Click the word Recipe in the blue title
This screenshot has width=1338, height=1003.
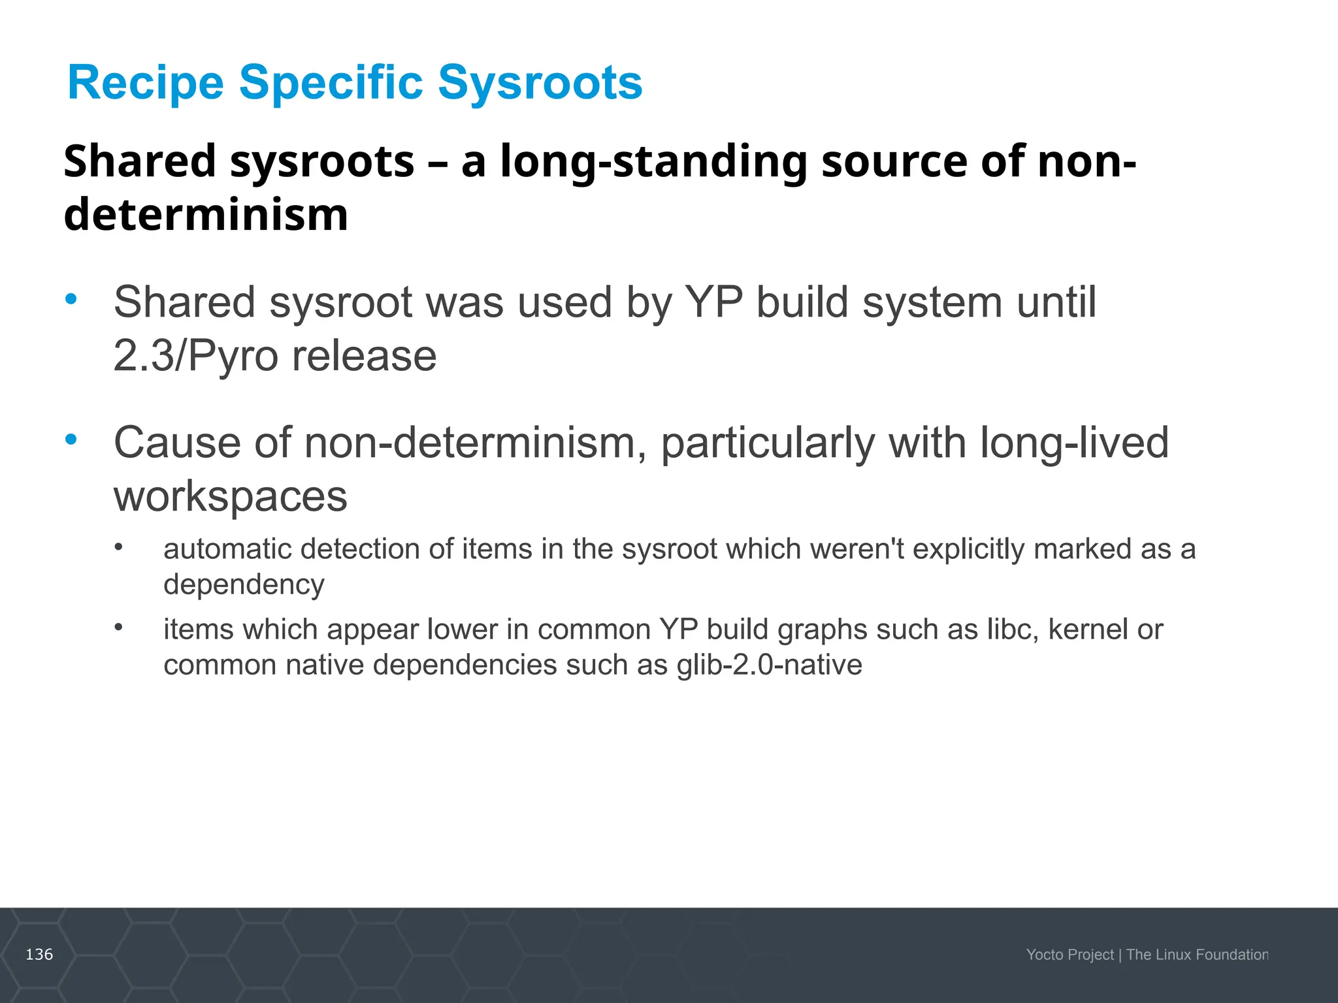[x=146, y=83]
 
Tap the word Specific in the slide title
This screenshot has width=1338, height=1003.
[x=331, y=83]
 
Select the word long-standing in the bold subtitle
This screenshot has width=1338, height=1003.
[x=654, y=161]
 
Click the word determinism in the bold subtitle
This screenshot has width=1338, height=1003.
[x=206, y=215]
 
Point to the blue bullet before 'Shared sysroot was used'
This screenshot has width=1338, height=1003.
[x=71, y=300]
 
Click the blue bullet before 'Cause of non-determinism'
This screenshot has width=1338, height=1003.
[x=71, y=439]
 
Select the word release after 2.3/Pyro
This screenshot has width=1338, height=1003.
[x=364, y=356]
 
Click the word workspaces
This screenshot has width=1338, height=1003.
[x=230, y=496]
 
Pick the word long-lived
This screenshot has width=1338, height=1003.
[x=1074, y=443]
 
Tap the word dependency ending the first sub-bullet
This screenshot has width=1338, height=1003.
[x=244, y=584]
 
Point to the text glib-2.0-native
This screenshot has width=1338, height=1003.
[x=769, y=665]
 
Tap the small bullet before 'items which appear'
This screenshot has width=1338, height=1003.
[x=118, y=628]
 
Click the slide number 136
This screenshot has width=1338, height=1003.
[x=39, y=955]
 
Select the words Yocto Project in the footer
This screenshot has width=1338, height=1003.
[x=1069, y=955]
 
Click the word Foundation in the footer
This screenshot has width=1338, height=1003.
[x=1232, y=955]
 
